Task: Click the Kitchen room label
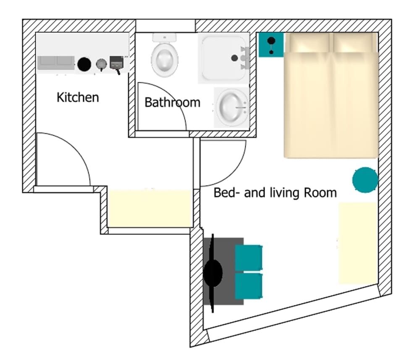(x=78, y=97)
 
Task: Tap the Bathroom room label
(x=173, y=102)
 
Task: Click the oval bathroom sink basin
(x=232, y=107)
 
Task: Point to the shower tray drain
(x=234, y=58)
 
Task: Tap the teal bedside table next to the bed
(x=271, y=45)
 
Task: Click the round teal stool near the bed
(x=365, y=179)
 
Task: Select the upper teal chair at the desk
(x=249, y=258)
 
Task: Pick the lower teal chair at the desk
(x=249, y=286)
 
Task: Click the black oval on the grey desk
(x=213, y=273)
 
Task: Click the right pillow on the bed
(x=353, y=43)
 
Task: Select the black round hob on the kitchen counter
(x=84, y=64)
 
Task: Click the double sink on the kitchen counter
(x=56, y=63)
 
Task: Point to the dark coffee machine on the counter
(x=117, y=64)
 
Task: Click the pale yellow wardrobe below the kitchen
(x=150, y=209)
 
